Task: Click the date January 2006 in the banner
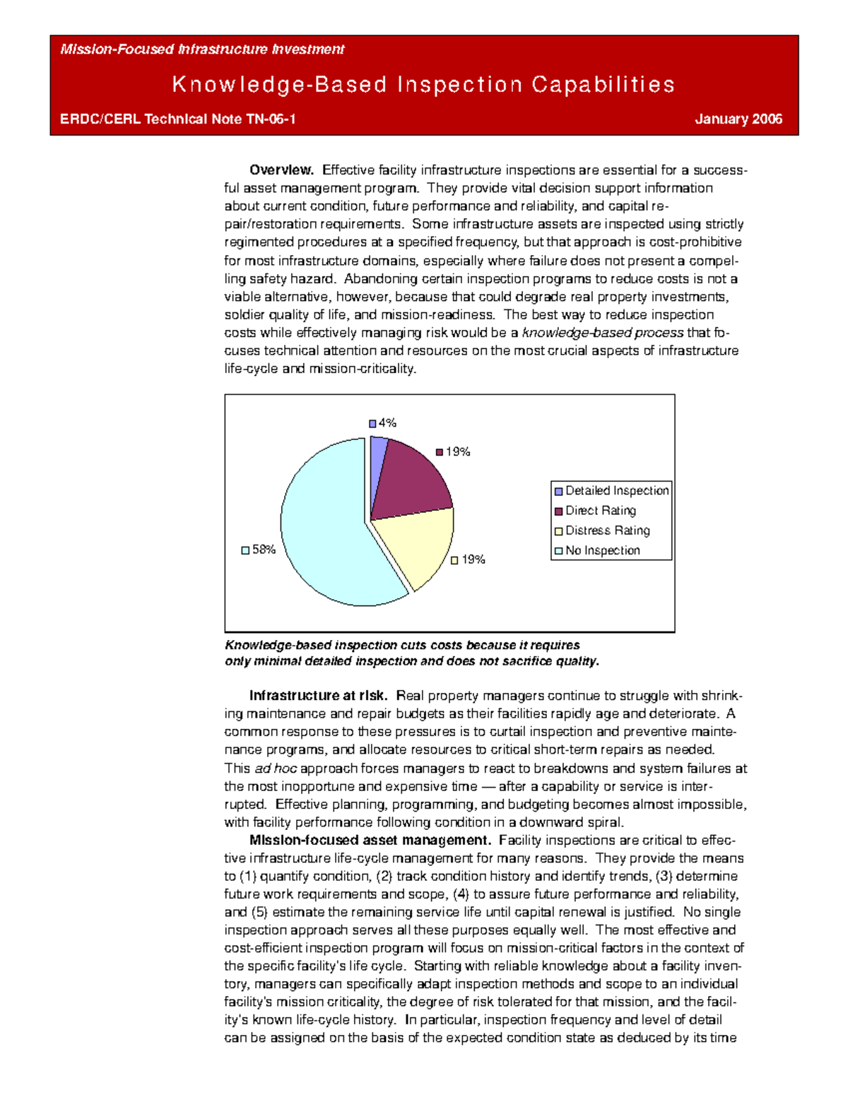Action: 738,119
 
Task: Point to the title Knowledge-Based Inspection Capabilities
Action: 423,85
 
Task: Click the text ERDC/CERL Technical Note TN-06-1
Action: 177,119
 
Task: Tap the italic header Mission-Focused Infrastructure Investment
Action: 202,49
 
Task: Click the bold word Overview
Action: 281,170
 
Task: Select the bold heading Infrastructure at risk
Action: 318,696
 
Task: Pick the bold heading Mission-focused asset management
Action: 370,841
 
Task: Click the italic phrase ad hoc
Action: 275,769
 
